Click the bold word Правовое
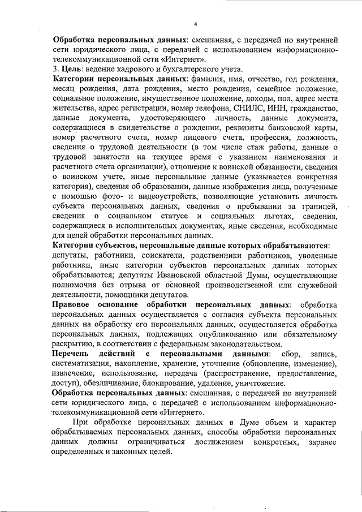pos(73,305)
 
